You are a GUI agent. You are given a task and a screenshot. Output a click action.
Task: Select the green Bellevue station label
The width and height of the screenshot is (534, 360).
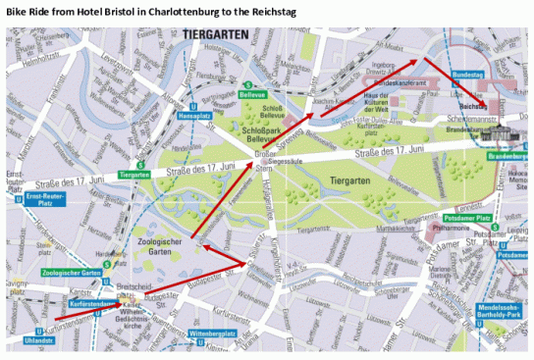(x=252, y=96)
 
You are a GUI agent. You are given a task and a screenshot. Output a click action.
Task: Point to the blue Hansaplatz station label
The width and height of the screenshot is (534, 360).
(x=194, y=115)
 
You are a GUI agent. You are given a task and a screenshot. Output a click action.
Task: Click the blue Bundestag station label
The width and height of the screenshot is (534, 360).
(x=467, y=75)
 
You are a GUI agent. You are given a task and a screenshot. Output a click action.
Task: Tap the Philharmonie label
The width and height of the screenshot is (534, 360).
(x=451, y=228)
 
